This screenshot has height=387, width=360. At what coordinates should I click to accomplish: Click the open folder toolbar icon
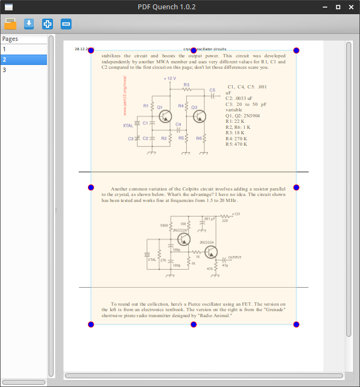tap(10, 23)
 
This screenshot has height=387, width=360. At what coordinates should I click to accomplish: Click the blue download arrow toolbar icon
tap(29, 23)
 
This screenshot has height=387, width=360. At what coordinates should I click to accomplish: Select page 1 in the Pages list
tap(23, 49)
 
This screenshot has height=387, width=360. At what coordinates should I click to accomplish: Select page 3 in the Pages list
tap(23, 70)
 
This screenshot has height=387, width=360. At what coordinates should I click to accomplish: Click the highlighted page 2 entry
tap(23, 59)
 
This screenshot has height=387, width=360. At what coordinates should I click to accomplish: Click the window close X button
tap(351, 7)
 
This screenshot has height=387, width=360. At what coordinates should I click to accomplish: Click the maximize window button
tap(338, 7)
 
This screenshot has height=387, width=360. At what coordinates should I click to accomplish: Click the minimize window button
tap(325, 7)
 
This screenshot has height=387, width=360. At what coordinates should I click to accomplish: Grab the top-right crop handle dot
tap(296, 50)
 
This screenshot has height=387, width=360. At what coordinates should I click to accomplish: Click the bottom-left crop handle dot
tap(91, 325)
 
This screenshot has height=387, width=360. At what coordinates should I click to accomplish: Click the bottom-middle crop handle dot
tap(193, 325)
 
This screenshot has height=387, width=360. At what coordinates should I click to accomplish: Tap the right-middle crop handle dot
tap(296, 187)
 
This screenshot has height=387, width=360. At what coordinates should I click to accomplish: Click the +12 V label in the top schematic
tap(169, 79)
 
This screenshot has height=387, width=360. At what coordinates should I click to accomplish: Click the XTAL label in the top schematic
tap(128, 126)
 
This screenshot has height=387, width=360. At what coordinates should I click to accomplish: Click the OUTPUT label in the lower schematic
tap(234, 257)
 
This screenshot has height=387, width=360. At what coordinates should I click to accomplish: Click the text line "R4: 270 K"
tap(237, 139)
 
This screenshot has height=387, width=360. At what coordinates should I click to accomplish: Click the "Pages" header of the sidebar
tap(10, 39)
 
